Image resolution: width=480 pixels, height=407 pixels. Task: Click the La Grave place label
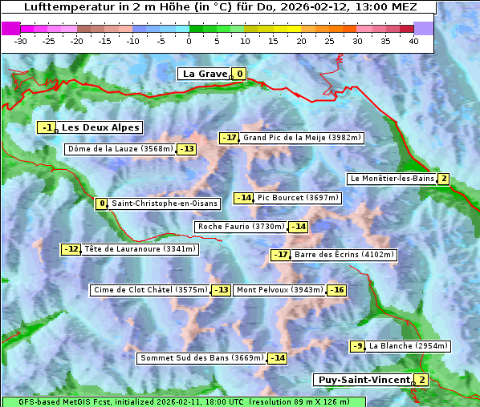[x=205, y=74]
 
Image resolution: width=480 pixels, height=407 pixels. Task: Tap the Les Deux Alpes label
[x=100, y=127]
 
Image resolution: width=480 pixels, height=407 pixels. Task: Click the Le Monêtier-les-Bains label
[x=392, y=179]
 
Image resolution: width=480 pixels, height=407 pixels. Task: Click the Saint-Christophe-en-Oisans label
[x=153, y=203]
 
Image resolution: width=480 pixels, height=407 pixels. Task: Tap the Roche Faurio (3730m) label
[x=241, y=227]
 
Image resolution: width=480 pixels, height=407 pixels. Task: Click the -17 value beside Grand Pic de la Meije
[x=230, y=138]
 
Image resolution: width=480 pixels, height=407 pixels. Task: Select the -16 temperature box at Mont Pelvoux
[x=336, y=290]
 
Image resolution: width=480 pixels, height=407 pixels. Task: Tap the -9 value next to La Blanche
[x=358, y=346]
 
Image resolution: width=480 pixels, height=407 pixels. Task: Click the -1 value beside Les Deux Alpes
[x=47, y=127]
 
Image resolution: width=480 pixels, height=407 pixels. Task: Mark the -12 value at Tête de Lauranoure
[x=71, y=249]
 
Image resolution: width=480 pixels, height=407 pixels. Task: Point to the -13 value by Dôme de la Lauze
[x=187, y=149]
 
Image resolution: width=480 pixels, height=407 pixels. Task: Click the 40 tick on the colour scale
[x=413, y=40]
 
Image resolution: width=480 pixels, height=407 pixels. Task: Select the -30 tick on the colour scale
[x=21, y=40]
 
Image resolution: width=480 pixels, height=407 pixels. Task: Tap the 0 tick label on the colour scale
[x=189, y=40]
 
